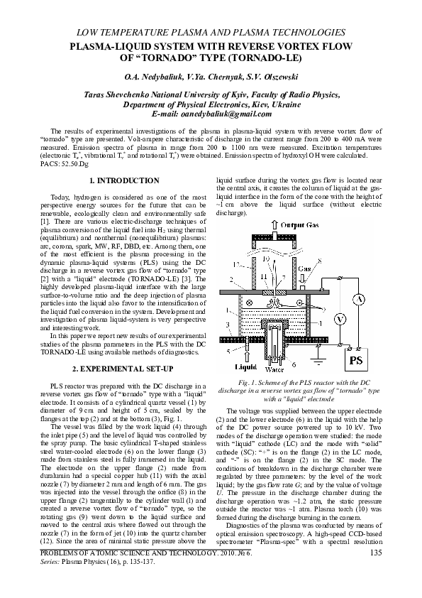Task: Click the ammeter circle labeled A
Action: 360,300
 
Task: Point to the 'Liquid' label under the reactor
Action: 245,367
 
